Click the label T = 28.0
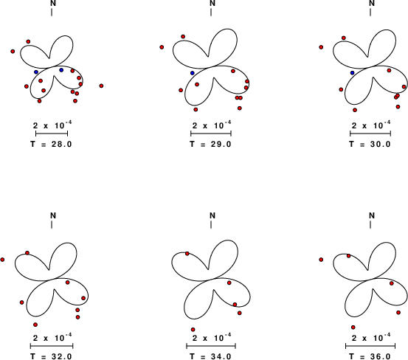[x=51, y=144]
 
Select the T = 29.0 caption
[x=210, y=144]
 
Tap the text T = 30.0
[x=370, y=144]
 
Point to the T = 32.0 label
[x=51, y=356]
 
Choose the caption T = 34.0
[x=210, y=356]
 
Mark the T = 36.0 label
[x=370, y=356]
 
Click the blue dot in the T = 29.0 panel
[x=193, y=73]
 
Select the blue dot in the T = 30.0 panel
[x=353, y=73]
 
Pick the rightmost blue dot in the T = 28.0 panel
[x=61, y=70]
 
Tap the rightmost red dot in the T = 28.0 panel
[x=102, y=86]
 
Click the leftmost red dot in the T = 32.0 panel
[x=2, y=260]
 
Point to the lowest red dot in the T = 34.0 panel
[x=193, y=330]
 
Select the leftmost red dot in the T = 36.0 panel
[x=321, y=260]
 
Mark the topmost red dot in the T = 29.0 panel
[x=183, y=37]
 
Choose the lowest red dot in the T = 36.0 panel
[x=353, y=328]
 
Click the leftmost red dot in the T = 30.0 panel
[x=321, y=47]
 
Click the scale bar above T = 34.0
[x=211, y=346]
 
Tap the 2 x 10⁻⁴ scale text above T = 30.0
[x=371, y=125]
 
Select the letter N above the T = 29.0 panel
[x=212, y=3]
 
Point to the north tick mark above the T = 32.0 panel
[x=52, y=225]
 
